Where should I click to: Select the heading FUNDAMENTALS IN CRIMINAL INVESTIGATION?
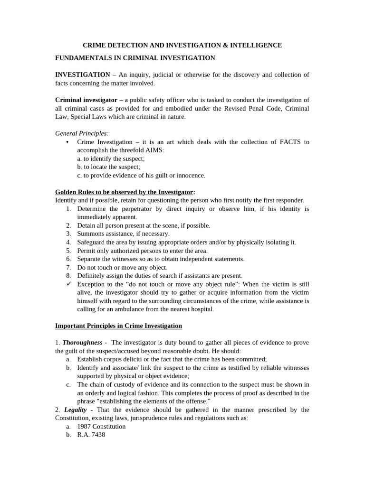pyautogui.click(x=135, y=58)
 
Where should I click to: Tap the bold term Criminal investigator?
pyautogui.click(x=86, y=100)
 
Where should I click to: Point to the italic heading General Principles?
pyautogui.click(x=81, y=133)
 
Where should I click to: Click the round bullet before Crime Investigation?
pyautogui.click(x=67, y=142)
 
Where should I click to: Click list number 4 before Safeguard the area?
pyautogui.click(x=68, y=242)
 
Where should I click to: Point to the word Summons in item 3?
pyautogui.click(x=89, y=234)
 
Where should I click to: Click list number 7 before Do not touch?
pyautogui.click(x=68, y=267)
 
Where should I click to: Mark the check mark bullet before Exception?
pyautogui.click(x=68, y=284)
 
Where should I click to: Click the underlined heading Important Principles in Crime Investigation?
pyautogui.click(x=118, y=326)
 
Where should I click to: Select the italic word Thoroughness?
pyautogui.click(x=83, y=342)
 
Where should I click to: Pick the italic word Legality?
pyautogui.click(x=75, y=410)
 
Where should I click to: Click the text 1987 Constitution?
pyautogui.click(x=101, y=426)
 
